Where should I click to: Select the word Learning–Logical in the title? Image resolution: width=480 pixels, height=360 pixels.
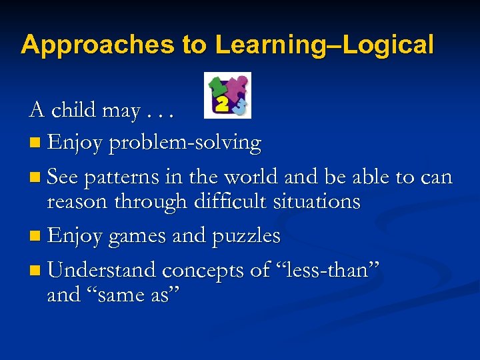coord(324,45)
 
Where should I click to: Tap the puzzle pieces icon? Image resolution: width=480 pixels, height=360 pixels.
coord(227,95)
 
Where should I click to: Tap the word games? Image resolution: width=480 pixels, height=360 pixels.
coord(138,237)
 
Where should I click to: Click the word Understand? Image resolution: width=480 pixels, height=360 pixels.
coord(102,270)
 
